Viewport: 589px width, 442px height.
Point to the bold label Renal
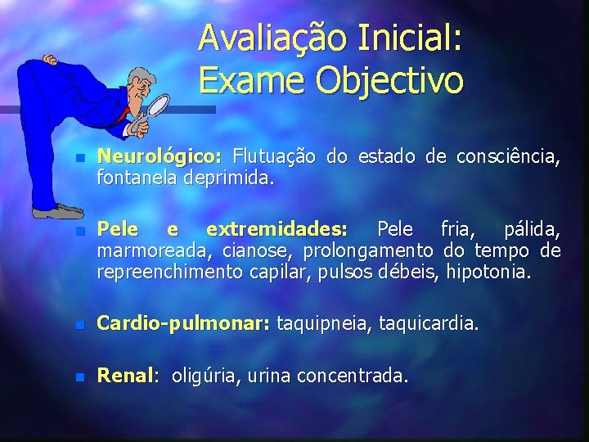pos(125,376)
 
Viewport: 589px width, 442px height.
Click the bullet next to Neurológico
pos(79,156)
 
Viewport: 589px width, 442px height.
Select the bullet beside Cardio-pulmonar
pos(79,324)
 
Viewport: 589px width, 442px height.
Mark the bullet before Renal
pos(79,377)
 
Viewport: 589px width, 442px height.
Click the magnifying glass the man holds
pos(155,107)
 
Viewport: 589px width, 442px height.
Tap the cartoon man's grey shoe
pos(57,213)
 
